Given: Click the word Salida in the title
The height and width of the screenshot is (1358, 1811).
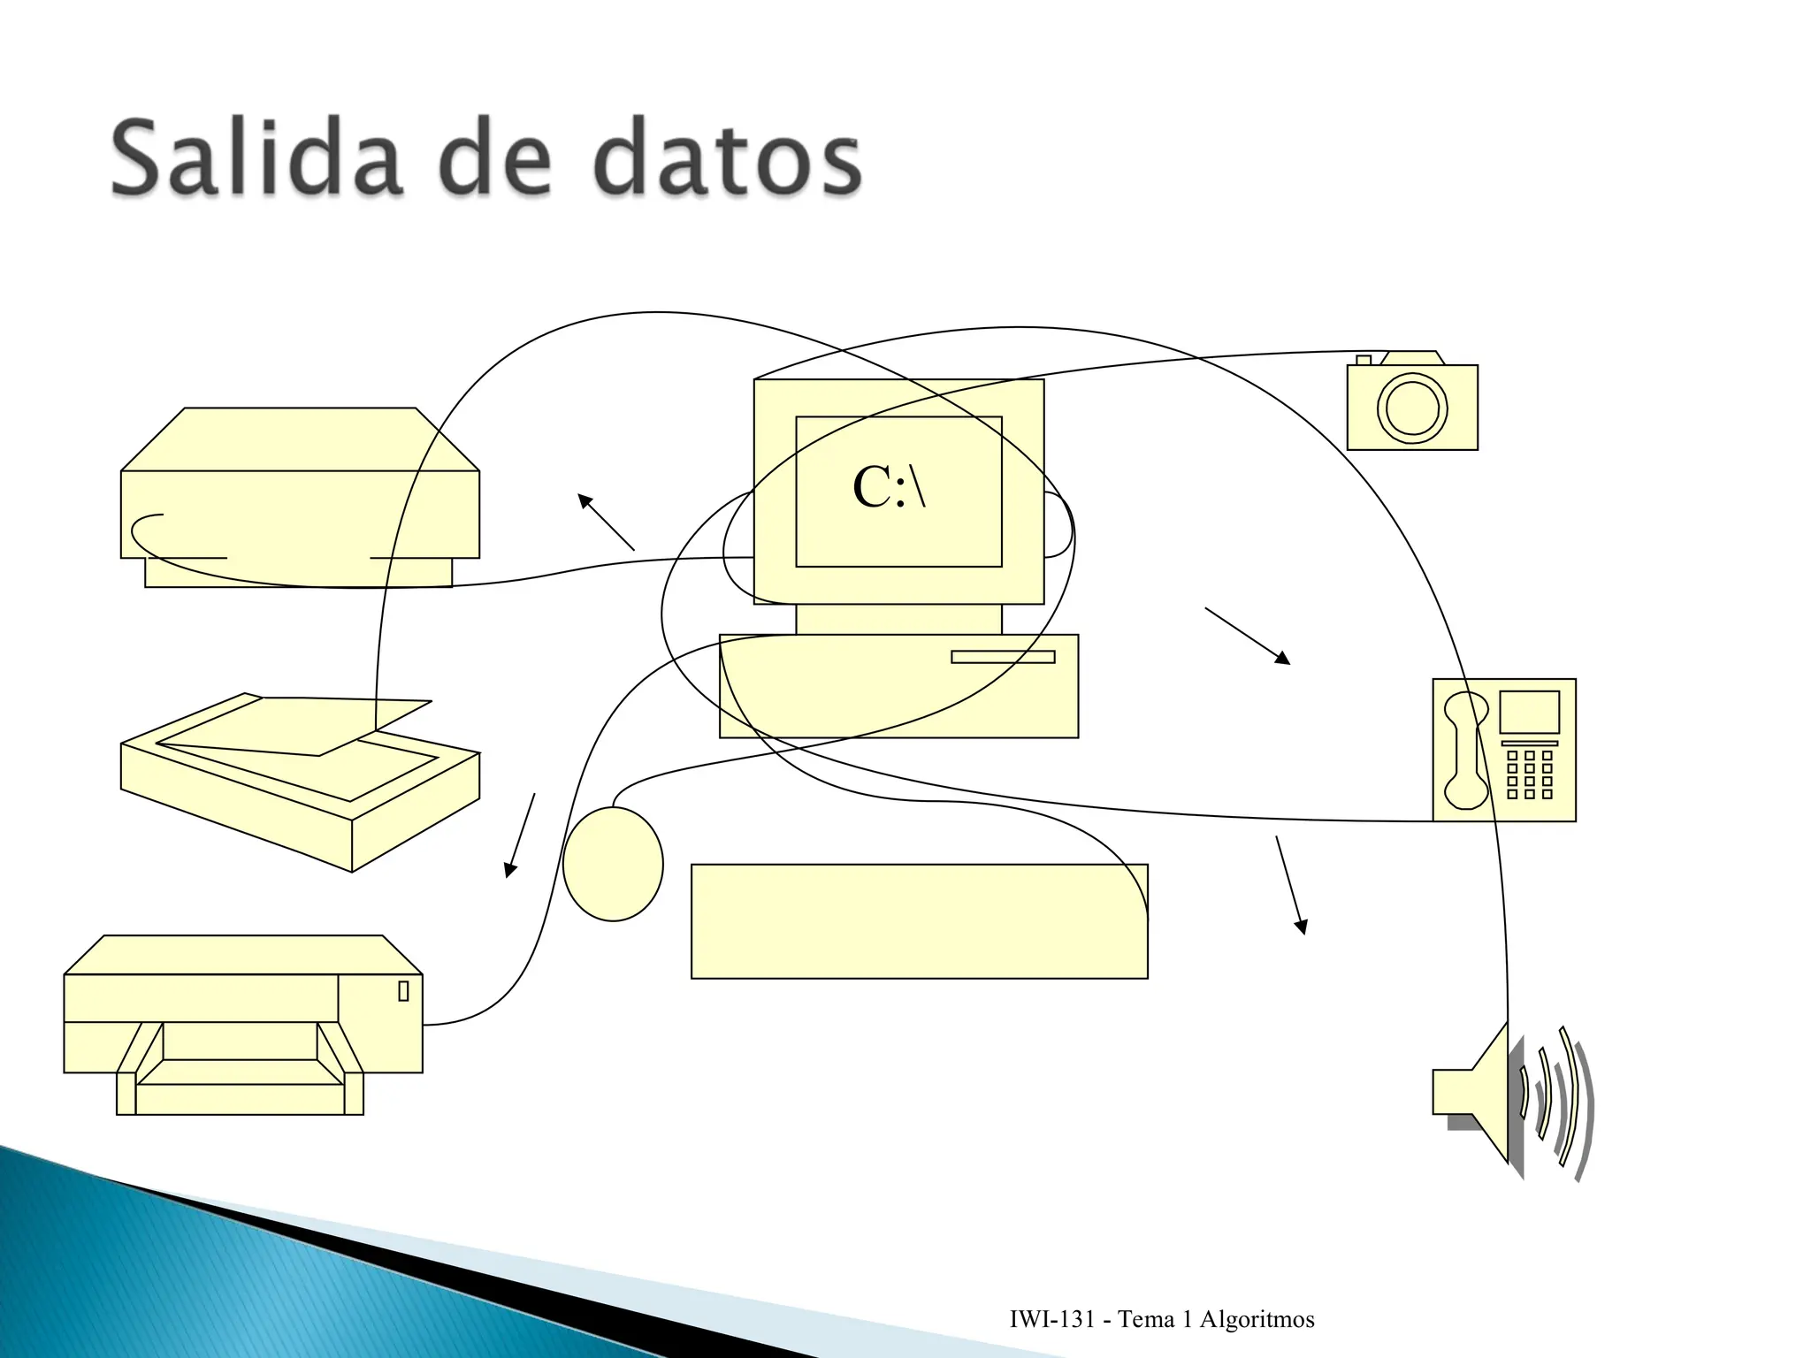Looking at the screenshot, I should pos(256,159).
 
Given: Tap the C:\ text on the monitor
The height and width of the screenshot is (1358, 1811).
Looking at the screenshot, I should pos(889,487).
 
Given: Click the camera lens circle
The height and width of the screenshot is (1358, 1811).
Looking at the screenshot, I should pos(1412,408).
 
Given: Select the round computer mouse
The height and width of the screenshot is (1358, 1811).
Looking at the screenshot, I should pos(613,864).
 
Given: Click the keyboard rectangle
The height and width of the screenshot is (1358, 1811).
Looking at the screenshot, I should pos(919,921).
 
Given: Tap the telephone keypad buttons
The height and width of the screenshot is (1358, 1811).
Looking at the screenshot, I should pos(1529,774).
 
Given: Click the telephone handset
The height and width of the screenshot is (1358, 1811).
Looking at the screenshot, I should pos(1465,750).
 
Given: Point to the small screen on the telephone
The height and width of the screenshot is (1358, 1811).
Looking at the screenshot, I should pos(1529,712).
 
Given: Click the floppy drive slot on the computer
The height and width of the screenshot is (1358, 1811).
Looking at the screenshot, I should pos(1003,657).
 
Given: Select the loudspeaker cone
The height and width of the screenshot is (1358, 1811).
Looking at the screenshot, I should pos(1486,1093).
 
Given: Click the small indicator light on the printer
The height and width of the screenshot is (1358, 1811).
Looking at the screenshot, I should pos(403,991).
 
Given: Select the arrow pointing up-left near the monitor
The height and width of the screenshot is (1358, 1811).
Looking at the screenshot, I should pos(606,522).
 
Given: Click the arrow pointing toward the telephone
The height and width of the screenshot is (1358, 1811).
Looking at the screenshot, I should pos(1247,635).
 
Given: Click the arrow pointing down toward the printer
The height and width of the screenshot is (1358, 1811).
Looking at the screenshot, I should pos(521,835).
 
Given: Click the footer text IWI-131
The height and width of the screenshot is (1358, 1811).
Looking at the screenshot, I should pos(1051,1320).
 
